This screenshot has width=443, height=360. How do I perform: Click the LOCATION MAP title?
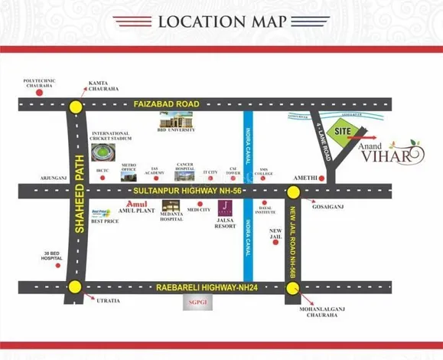tap(221, 21)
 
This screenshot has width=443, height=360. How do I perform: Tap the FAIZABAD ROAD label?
tap(165, 103)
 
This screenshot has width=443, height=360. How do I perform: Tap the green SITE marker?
tap(341, 132)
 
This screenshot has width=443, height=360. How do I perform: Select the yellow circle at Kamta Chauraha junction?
tap(75, 107)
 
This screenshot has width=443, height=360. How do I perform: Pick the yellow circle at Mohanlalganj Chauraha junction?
tap(292, 289)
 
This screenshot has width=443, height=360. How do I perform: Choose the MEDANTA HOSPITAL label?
tap(172, 216)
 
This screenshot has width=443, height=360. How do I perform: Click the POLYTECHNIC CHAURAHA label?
tap(38, 83)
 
